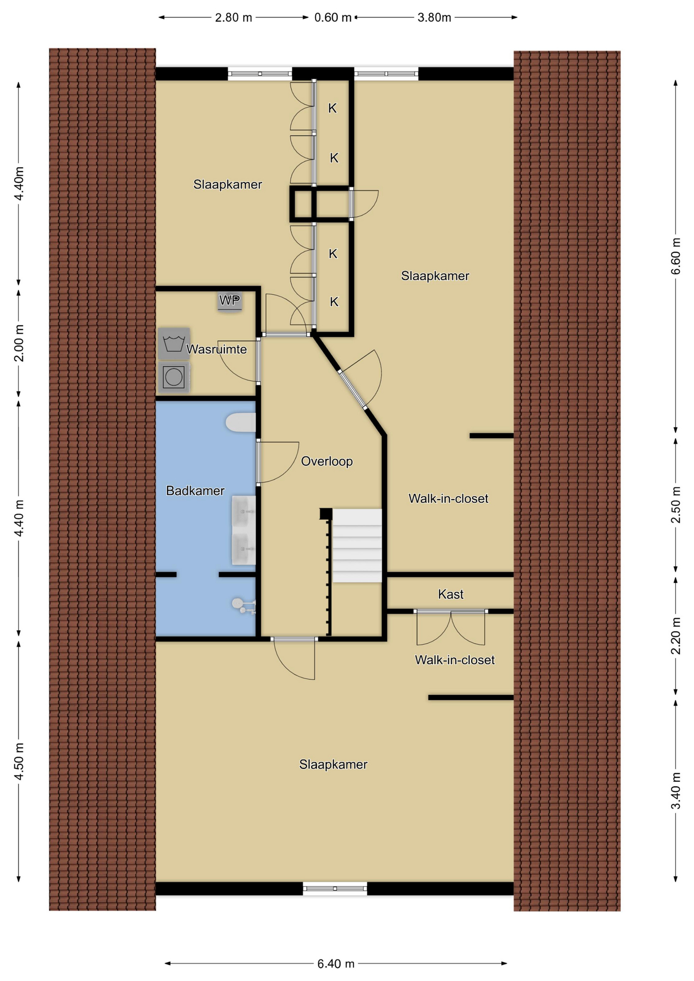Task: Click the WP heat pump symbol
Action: (229, 301)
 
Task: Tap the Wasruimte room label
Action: (217, 349)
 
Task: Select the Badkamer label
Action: (195, 491)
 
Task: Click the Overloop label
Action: (327, 461)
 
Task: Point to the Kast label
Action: (451, 594)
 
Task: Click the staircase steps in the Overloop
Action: (357, 545)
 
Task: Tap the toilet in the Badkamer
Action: (241, 423)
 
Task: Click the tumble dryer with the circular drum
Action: (174, 377)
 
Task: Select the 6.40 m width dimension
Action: (336, 964)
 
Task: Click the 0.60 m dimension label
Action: (333, 18)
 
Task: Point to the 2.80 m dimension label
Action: (234, 18)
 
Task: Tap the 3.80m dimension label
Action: (434, 18)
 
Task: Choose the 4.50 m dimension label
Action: (19, 762)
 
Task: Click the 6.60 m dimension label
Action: (676, 256)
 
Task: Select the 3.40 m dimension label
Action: (676, 791)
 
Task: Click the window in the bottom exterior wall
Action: (335, 889)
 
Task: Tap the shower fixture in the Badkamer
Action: (244, 605)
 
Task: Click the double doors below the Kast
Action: (451, 627)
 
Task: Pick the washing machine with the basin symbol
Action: (174, 343)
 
